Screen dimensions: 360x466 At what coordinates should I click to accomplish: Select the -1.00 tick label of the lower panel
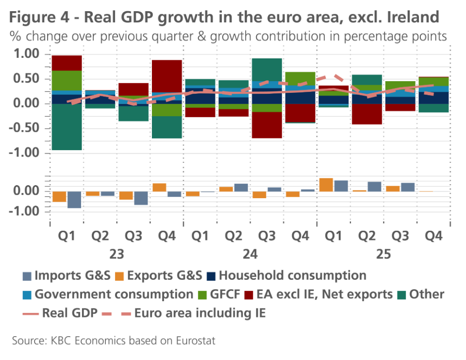(x=27, y=211)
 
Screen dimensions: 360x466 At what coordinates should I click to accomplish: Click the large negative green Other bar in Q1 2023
(x=67, y=127)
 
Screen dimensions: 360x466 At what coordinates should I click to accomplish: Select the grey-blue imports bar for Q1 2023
(x=74, y=199)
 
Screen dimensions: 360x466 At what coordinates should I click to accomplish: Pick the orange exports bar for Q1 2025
(x=326, y=185)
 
